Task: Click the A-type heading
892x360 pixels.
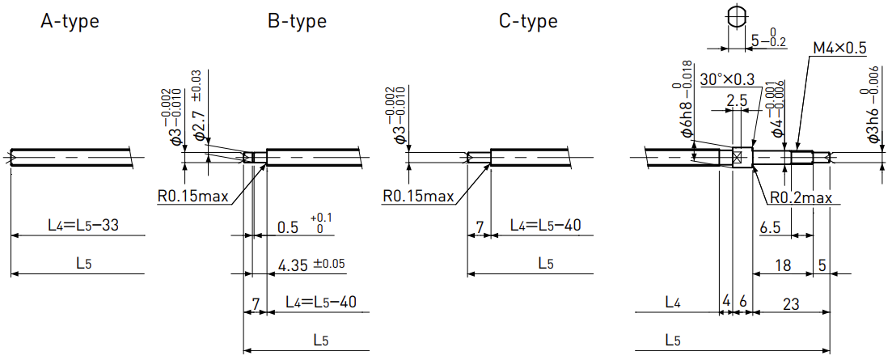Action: click(70, 22)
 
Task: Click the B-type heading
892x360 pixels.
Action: click(297, 22)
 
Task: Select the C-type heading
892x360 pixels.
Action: click(528, 22)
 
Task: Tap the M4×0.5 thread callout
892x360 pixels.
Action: click(839, 49)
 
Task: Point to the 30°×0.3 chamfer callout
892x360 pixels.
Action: click(728, 78)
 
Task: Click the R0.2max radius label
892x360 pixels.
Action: click(801, 197)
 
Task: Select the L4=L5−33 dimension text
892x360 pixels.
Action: click(83, 226)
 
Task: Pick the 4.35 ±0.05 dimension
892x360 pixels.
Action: click(311, 265)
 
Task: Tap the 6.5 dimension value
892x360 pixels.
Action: click(770, 227)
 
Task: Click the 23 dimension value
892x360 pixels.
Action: click(791, 304)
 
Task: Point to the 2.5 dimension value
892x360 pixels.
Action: click(737, 100)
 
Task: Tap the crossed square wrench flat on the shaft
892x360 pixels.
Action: click(736, 156)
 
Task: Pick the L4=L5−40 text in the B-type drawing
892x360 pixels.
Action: click(321, 302)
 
